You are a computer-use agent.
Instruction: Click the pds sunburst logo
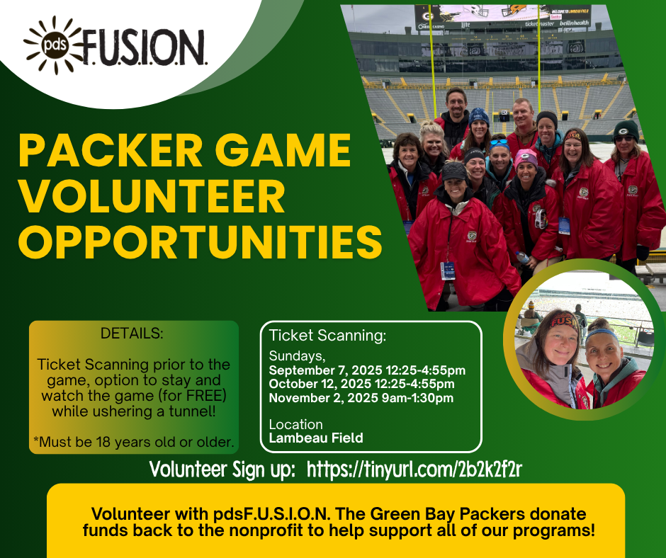[54, 45]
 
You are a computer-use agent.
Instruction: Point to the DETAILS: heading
[132, 334]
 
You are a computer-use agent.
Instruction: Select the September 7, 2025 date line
[367, 370]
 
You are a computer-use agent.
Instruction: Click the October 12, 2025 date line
[361, 384]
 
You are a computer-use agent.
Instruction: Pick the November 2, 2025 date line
[361, 398]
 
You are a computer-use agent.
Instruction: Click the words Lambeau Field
[316, 438]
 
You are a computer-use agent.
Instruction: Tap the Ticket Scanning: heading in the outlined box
[327, 336]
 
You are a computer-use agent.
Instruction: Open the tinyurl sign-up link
[414, 469]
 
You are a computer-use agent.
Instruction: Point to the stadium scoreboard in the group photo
[502, 17]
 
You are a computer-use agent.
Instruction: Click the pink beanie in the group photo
[526, 158]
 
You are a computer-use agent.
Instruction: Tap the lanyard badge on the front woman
[448, 271]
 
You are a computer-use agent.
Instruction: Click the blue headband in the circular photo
[602, 334]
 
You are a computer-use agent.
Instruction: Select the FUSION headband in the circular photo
[563, 321]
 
